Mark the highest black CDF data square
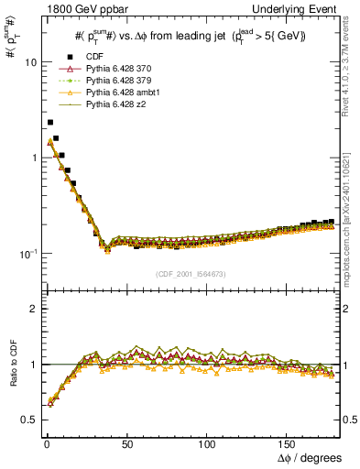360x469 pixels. [x=50, y=122]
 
